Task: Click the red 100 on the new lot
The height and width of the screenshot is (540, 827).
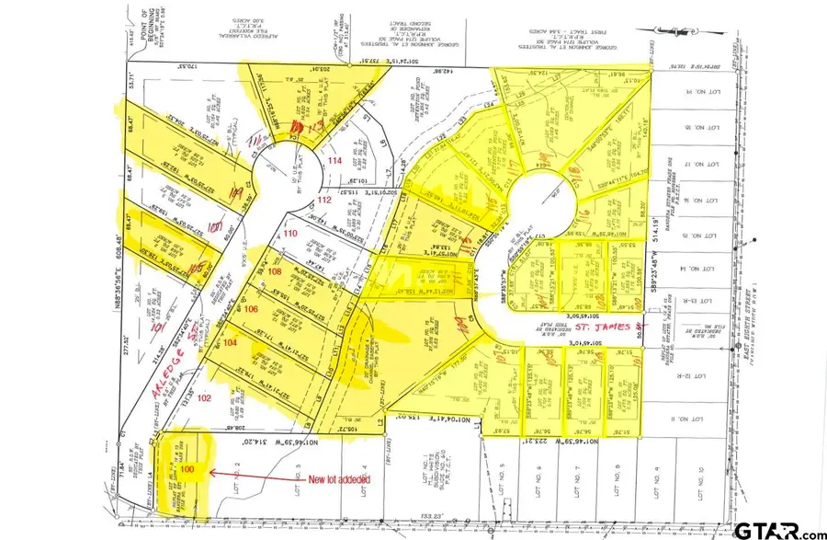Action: tap(187, 469)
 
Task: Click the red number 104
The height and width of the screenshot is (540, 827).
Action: tap(230, 342)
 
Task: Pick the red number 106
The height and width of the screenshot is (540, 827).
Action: tap(252, 309)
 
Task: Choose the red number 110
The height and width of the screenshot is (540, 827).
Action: tap(290, 235)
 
